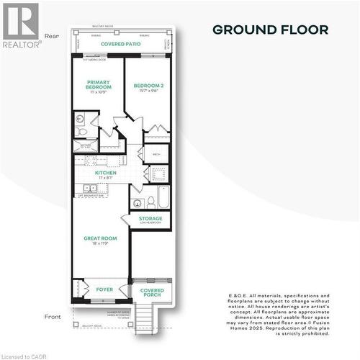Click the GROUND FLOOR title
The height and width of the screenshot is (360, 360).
(x=270, y=30)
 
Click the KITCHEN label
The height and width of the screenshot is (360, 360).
(x=106, y=173)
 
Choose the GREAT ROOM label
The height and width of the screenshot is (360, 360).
(x=99, y=238)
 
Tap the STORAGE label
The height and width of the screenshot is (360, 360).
(x=150, y=218)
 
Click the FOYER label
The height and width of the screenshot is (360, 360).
(x=105, y=289)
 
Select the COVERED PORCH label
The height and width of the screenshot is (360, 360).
(x=152, y=292)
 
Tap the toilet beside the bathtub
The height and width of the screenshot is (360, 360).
(x=150, y=199)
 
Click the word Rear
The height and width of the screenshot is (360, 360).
(x=51, y=35)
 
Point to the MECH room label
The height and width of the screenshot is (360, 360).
(x=156, y=154)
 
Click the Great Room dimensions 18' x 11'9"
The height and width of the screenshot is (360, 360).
(x=99, y=244)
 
